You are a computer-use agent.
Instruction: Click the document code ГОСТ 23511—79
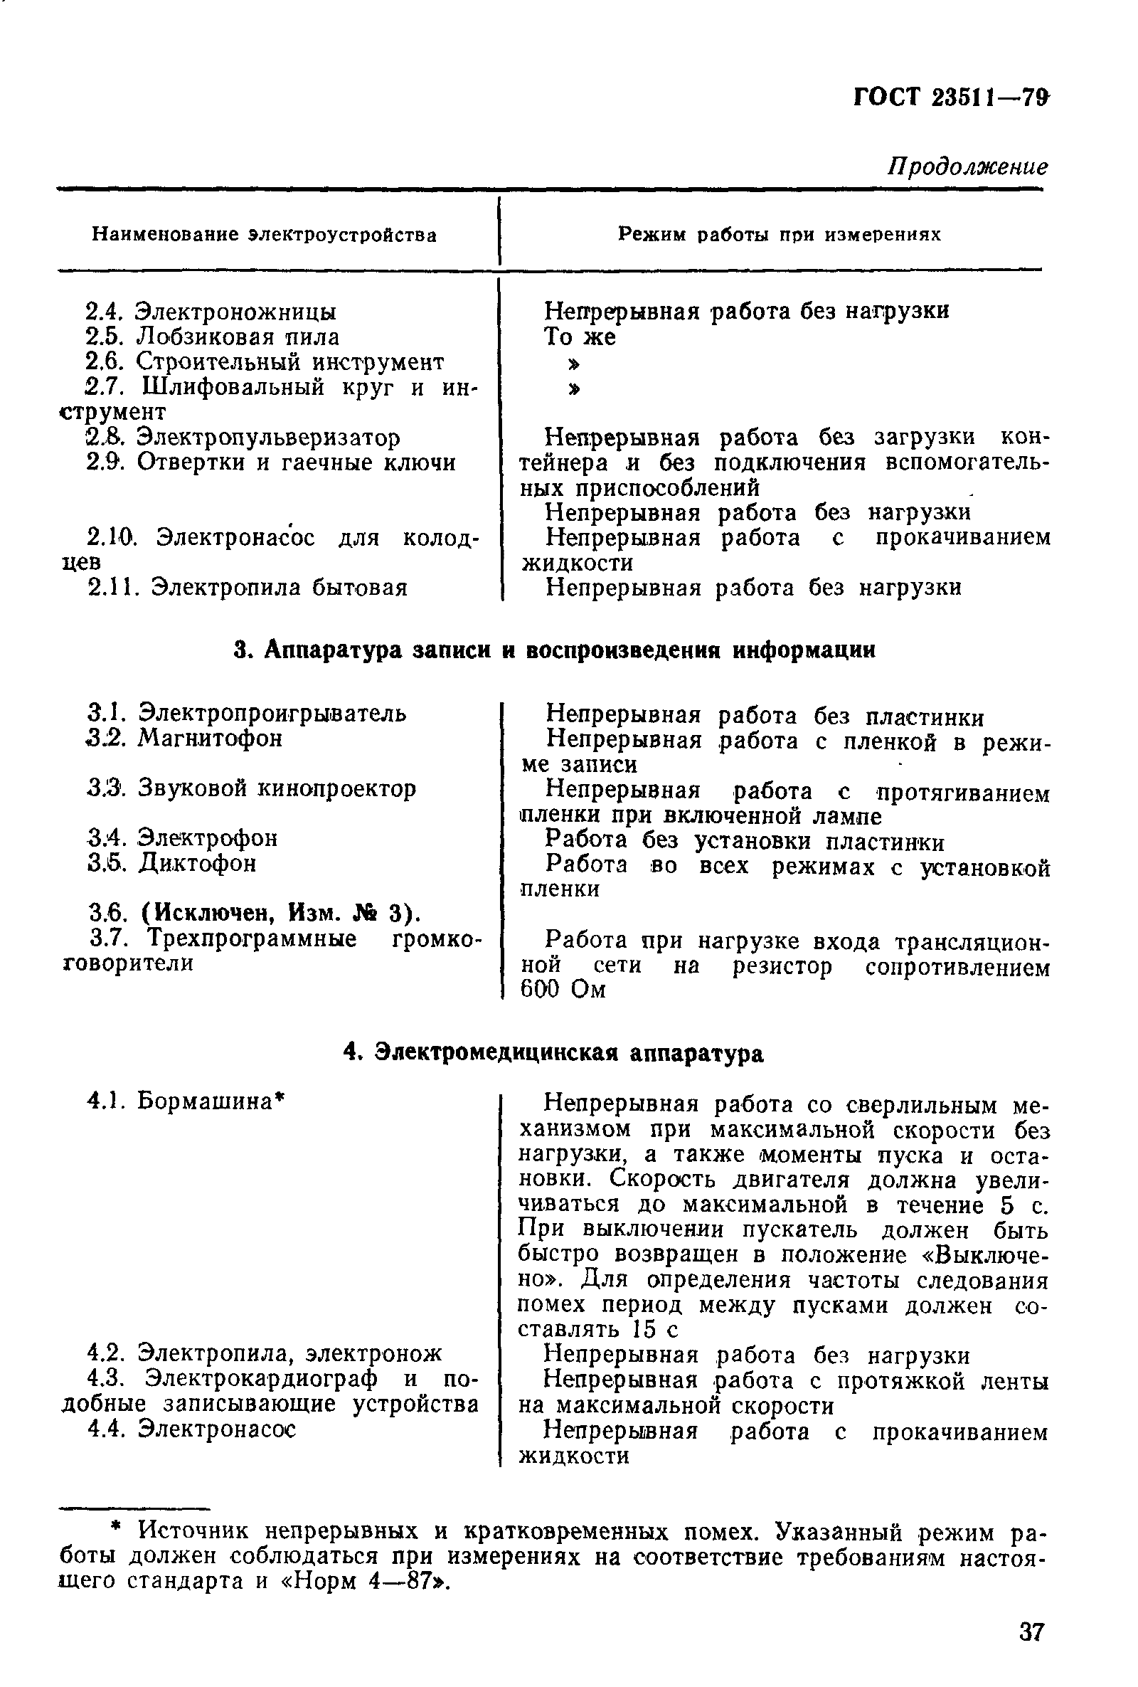(x=952, y=97)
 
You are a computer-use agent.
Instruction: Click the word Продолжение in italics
(x=968, y=167)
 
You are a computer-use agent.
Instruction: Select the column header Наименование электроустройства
(x=264, y=236)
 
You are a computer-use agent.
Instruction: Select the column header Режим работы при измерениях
(x=779, y=235)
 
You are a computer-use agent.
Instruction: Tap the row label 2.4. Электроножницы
(x=211, y=312)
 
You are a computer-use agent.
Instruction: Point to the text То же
(x=580, y=337)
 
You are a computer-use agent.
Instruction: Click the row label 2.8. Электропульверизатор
(x=243, y=438)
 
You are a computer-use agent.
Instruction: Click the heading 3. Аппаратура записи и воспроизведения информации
(x=555, y=650)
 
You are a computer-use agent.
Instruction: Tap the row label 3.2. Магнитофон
(x=184, y=739)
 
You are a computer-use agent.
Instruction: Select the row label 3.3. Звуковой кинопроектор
(x=251, y=788)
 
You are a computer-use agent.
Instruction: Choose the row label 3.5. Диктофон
(x=171, y=863)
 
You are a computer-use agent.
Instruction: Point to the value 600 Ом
(x=563, y=990)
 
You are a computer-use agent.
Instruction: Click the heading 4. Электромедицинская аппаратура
(x=554, y=1053)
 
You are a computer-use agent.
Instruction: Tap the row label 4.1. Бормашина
(x=185, y=1101)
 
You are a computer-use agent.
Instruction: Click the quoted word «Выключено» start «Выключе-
(x=979, y=1254)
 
